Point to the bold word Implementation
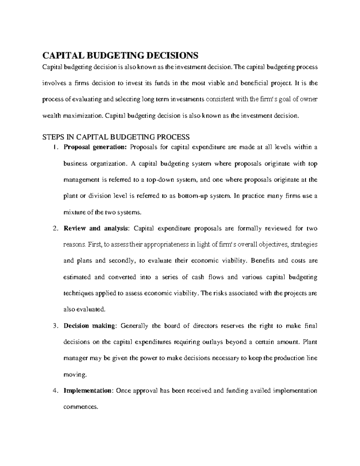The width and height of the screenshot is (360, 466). [87, 391]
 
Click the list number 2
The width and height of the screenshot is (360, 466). [55, 229]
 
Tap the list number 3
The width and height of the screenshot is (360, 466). [55, 326]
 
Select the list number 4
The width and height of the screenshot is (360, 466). [55, 391]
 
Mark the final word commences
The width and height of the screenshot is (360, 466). [80, 407]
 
